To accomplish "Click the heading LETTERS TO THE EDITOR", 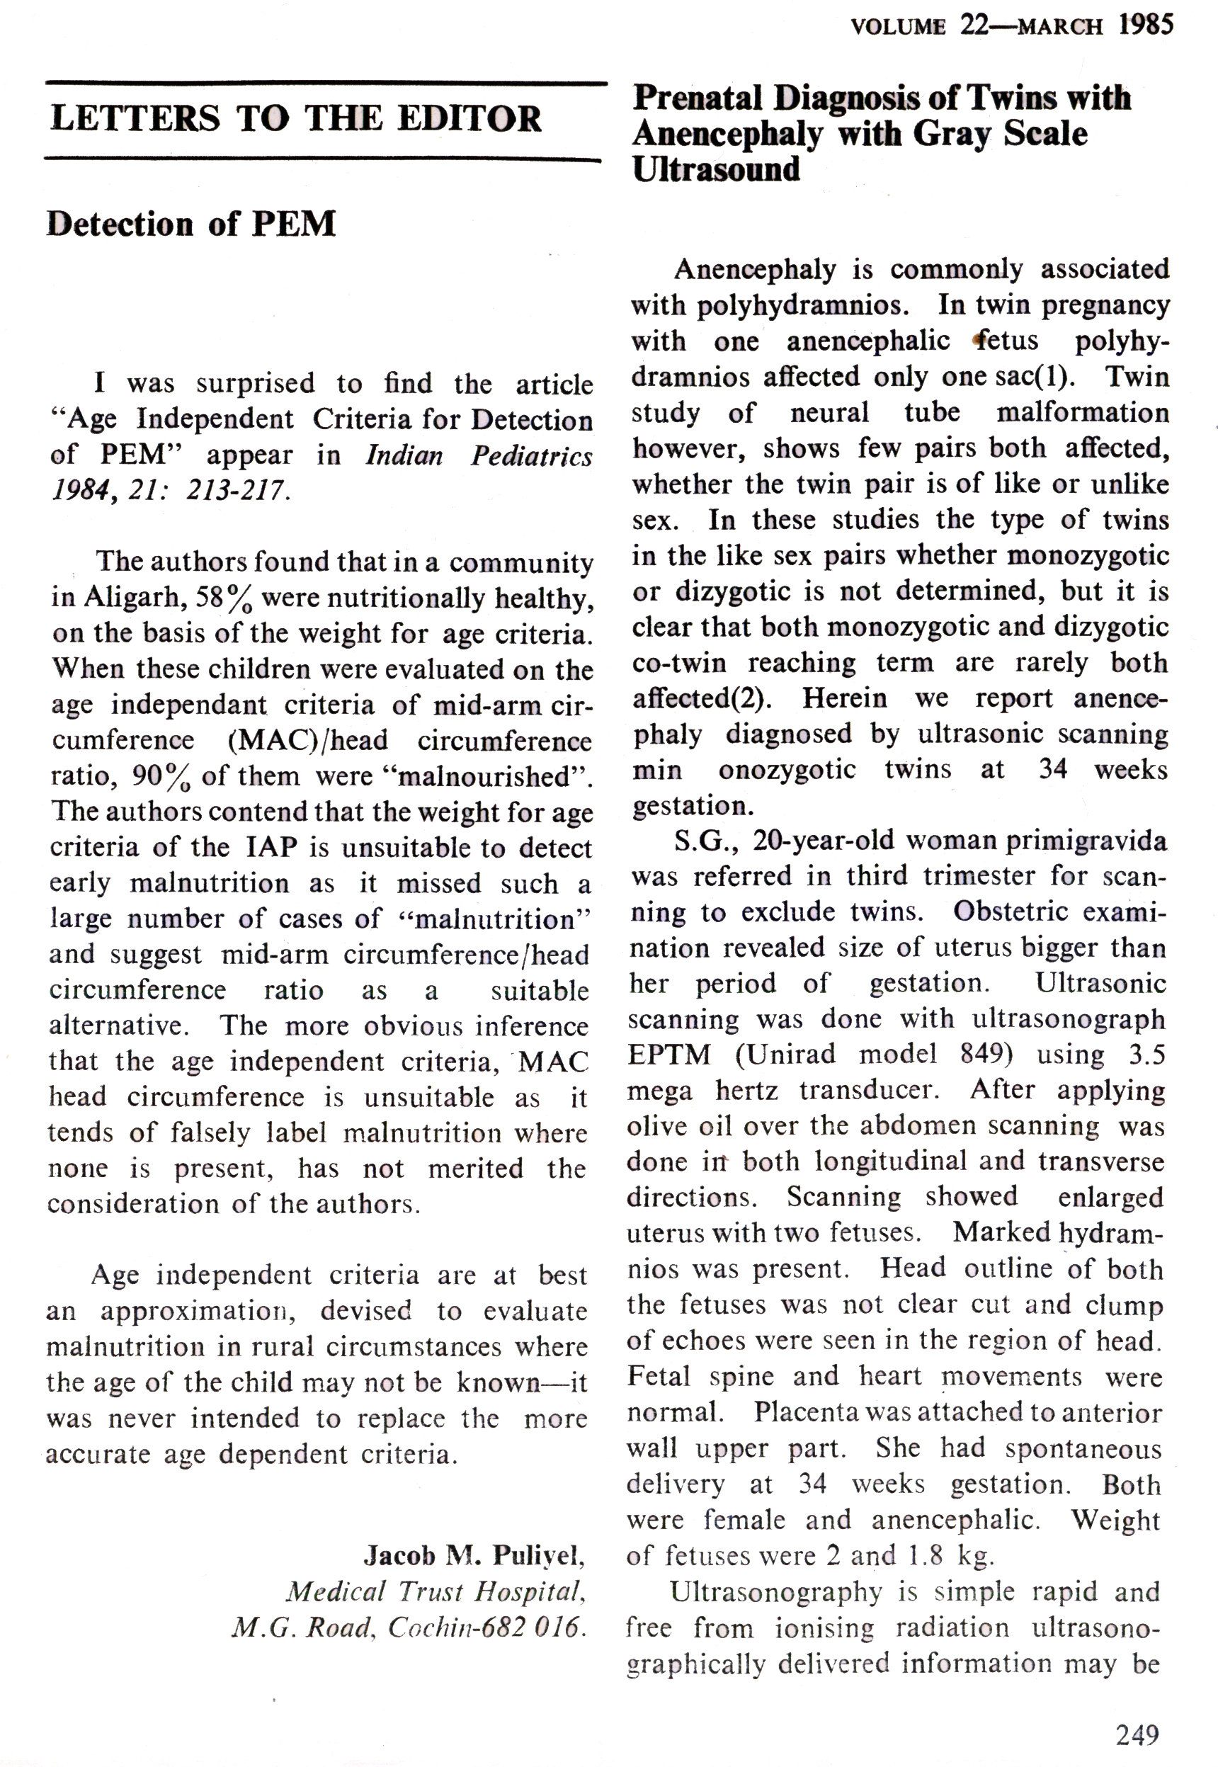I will [x=295, y=119].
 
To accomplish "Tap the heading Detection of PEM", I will [x=190, y=224].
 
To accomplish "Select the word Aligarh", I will [x=131, y=597].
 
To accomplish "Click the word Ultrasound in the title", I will [x=716, y=169].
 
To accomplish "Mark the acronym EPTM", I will [x=668, y=1054].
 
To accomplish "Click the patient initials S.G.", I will [x=700, y=841].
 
